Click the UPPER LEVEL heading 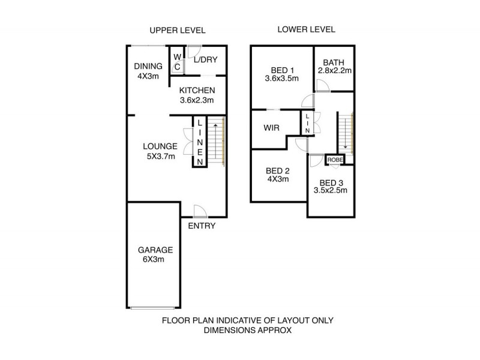(177, 31)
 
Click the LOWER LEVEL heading (306, 29)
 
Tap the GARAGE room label (155, 250)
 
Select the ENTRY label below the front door (202, 226)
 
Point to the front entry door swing (200, 211)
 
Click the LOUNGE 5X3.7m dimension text (161, 157)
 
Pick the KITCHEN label (197, 91)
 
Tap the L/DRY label (205, 59)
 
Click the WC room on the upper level (177, 62)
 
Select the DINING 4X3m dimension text (148, 76)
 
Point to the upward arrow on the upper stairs (216, 141)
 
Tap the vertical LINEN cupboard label (200, 142)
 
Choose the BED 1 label (282, 70)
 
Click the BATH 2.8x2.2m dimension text (335, 71)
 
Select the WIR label (272, 128)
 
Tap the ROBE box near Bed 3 (335, 160)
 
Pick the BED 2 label (278, 171)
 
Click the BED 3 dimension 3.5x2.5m (331, 190)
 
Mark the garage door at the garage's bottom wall (153, 308)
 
